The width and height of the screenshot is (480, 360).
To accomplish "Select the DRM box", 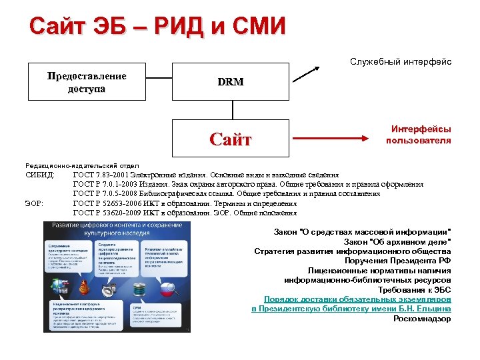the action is click(x=230, y=82).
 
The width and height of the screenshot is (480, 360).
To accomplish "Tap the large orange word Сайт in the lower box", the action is click(x=230, y=139).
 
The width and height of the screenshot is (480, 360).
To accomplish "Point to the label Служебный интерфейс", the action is click(x=401, y=61).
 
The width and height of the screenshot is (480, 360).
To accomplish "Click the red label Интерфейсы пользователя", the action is click(x=421, y=135).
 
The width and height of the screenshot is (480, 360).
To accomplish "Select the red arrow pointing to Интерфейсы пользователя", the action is click(x=333, y=139).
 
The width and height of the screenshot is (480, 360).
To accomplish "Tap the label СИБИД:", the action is click(x=40, y=175).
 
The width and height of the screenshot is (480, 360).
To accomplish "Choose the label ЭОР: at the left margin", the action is click(x=34, y=203).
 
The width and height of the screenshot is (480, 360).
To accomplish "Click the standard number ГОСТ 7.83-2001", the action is click(x=101, y=175).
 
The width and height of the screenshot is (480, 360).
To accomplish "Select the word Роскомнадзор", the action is click(x=422, y=319).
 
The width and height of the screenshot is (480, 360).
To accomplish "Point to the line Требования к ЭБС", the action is click(x=414, y=290).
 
